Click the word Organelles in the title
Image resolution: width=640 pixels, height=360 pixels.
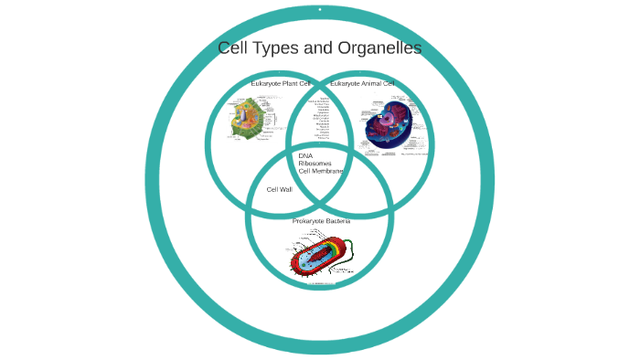(x=376, y=48)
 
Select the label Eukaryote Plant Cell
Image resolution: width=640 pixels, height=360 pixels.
(x=281, y=84)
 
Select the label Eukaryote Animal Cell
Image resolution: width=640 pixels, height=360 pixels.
(x=362, y=84)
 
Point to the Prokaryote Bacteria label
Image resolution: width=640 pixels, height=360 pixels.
(x=321, y=221)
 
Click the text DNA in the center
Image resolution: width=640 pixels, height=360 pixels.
(x=305, y=155)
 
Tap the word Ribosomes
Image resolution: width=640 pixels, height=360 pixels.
(x=315, y=163)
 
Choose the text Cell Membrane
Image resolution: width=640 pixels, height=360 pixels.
(x=321, y=171)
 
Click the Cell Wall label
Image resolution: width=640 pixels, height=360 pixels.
(x=279, y=189)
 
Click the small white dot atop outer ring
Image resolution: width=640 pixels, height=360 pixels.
(x=320, y=10)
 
